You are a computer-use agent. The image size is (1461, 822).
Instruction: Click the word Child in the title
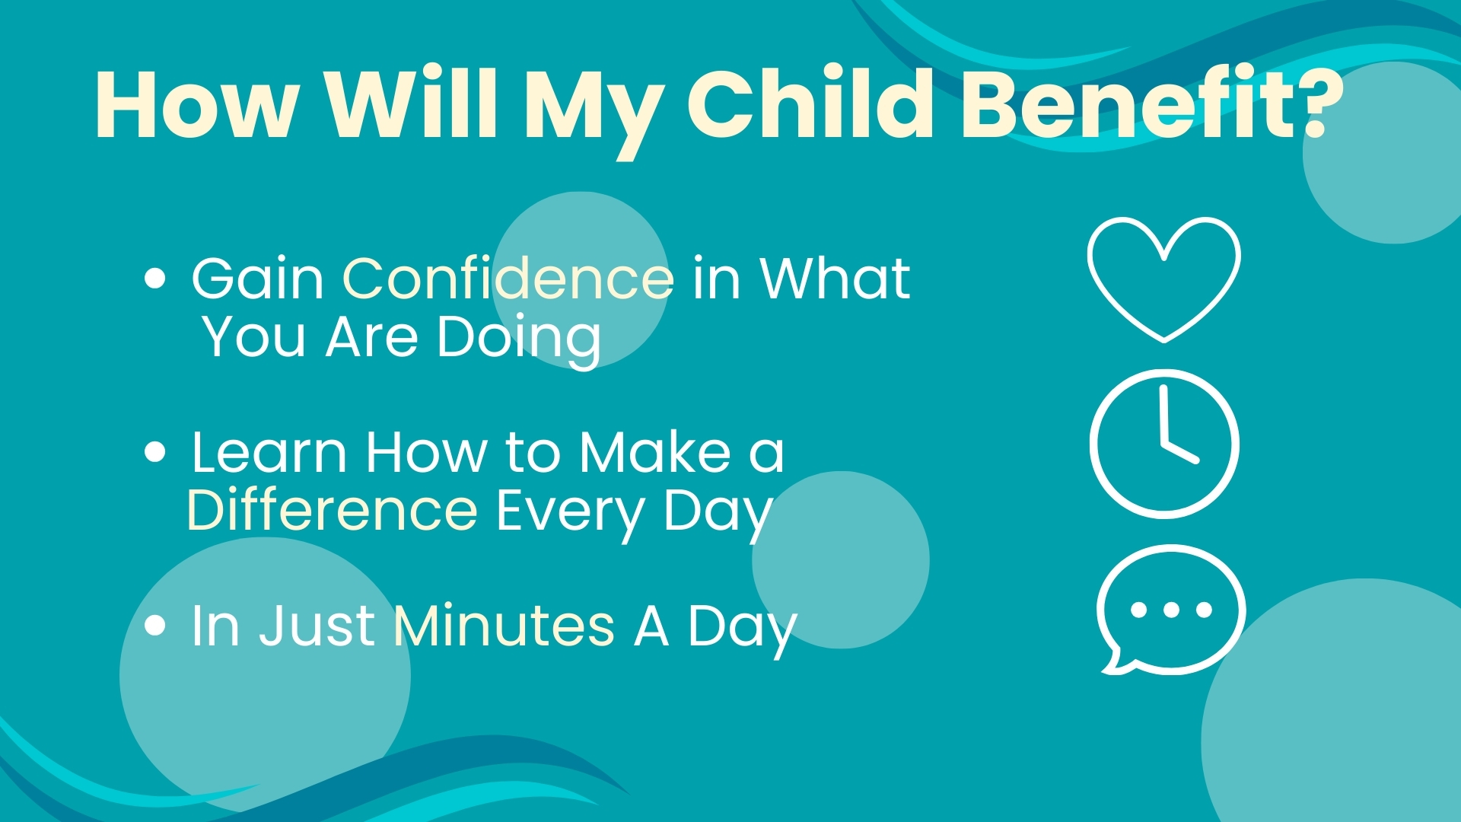click(x=812, y=104)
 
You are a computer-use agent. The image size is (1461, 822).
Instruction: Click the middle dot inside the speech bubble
click(x=1171, y=610)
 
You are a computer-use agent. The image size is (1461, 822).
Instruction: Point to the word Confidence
click(x=508, y=278)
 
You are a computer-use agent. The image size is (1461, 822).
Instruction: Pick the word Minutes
click(x=505, y=626)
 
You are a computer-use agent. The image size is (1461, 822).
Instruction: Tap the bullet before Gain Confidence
click(x=154, y=279)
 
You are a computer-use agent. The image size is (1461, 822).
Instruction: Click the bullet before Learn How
click(x=154, y=452)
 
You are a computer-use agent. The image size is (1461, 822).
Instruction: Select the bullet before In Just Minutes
click(x=154, y=626)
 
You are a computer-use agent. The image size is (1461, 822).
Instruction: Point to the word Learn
click(x=269, y=452)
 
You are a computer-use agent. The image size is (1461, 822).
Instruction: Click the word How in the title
click(x=196, y=104)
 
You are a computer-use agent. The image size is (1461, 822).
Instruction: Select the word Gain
click(x=258, y=278)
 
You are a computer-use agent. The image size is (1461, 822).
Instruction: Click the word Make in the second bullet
click(x=655, y=452)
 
